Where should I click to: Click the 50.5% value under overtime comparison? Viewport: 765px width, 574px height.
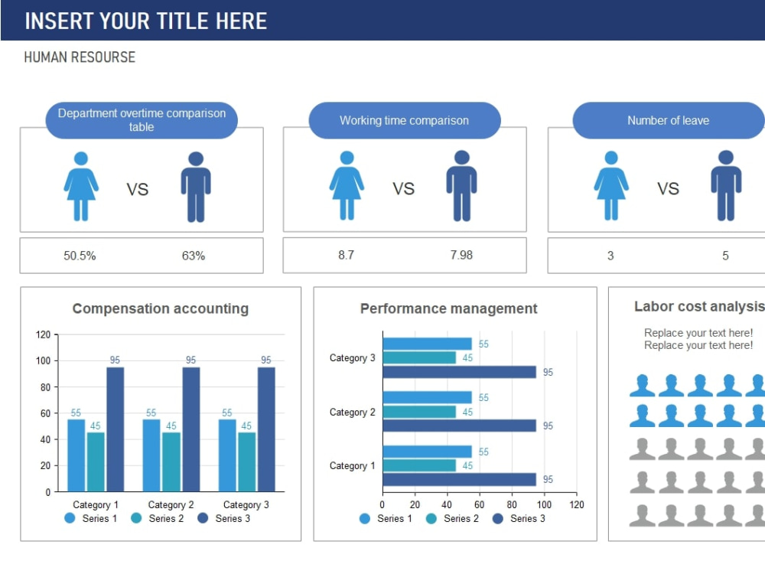(80, 256)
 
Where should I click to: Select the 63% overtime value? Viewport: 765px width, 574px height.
(194, 256)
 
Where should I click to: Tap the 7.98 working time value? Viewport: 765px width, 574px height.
(461, 255)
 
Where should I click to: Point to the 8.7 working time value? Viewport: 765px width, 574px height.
(346, 255)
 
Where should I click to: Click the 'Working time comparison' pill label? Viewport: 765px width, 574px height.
(405, 121)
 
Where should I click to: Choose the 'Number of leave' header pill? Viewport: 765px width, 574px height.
(669, 121)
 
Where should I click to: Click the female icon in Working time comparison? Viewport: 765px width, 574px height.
(347, 185)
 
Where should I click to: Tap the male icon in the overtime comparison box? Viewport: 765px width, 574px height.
(196, 187)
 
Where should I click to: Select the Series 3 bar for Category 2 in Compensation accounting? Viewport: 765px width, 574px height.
(190, 429)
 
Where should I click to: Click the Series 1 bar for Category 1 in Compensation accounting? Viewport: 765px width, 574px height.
(76, 455)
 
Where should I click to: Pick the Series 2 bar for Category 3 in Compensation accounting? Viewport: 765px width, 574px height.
(246, 461)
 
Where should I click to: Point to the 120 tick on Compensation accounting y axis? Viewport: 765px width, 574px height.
(43, 335)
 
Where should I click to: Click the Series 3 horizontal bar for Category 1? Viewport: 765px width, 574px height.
(460, 479)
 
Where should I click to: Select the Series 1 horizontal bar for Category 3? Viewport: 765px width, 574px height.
(428, 344)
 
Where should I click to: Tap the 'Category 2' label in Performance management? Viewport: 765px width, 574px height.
(352, 413)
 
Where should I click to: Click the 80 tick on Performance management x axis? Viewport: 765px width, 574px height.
(512, 504)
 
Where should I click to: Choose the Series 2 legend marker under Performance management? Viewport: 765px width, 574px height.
(431, 519)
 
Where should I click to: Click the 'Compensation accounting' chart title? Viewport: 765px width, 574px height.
(161, 308)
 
